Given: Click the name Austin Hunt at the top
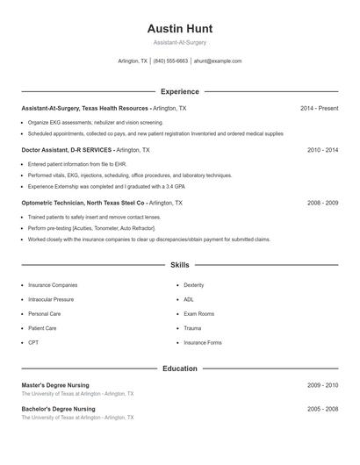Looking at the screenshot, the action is point(179,29).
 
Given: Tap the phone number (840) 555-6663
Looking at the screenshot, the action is point(170,61).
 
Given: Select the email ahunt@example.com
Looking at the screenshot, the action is point(217,61).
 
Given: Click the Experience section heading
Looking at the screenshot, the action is point(179,91).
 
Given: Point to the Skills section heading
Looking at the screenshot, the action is point(179,264).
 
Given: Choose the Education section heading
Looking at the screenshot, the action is point(179,368).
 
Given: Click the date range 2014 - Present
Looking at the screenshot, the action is point(319,109).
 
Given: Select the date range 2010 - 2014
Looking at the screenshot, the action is point(322,150).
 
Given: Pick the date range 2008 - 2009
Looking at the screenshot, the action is point(322,203).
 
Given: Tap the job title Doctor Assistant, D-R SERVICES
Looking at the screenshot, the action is point(67,150).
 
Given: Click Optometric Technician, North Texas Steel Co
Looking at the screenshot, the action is point(83,203).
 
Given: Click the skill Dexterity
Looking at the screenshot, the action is point(193,285).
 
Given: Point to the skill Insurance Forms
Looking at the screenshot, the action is point(202,342).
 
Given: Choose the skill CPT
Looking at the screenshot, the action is point(33,342).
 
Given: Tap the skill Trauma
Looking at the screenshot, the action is point(192,328).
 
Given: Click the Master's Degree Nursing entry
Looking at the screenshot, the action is point(55,385).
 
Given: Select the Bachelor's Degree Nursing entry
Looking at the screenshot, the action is point(58,409).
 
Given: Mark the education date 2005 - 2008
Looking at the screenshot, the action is point(322,409).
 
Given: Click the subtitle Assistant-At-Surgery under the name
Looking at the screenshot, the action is point(179,42).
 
